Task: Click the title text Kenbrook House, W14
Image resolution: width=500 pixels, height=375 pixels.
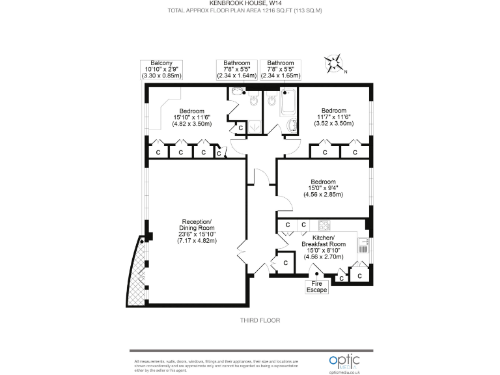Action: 250,3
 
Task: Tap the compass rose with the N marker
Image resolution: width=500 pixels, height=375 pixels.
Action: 335,64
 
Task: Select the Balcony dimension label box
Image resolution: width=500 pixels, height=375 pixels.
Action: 161,69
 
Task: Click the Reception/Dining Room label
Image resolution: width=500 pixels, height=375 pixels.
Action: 197,231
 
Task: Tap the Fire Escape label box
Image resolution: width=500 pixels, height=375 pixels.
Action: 317,286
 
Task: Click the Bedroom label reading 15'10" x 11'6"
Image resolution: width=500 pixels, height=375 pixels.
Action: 192,117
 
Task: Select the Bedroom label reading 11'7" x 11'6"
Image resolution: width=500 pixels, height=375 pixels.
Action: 333,117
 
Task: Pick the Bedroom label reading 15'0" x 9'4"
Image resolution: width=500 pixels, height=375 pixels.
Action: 323,187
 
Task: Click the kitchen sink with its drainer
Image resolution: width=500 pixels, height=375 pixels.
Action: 363,245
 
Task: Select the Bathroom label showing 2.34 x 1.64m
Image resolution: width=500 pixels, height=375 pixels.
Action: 236,69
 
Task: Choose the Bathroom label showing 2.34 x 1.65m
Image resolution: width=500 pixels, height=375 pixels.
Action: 281,69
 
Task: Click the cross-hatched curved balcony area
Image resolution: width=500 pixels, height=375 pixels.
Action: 138,270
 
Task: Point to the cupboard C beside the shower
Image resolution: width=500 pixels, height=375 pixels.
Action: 240,128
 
